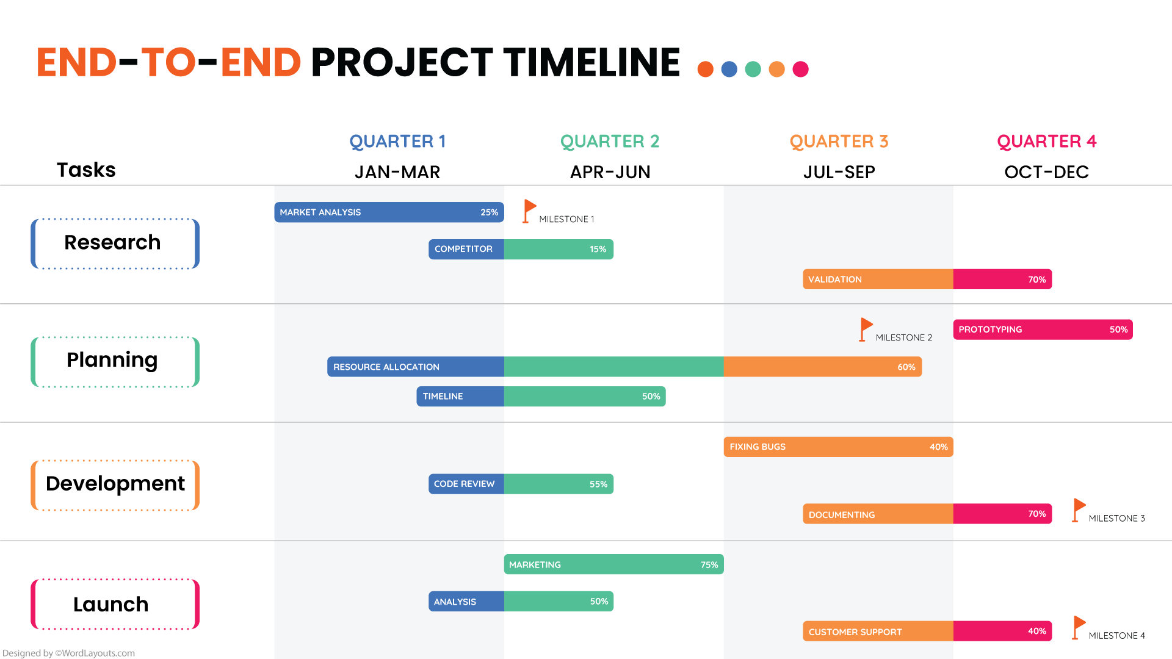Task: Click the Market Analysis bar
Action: [389, 212]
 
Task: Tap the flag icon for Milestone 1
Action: [529, 211]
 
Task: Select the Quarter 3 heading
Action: [839, 142]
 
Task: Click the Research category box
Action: [115, 243]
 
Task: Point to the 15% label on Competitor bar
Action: [598, 250]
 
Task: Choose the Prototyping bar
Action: [1043, 329]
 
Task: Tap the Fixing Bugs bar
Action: [838, 447]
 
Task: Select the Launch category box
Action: [115, 604]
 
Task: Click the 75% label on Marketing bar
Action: [709, 565]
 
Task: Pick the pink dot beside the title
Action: [800, 70]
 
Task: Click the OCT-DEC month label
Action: [1046, 173]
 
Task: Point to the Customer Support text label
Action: [855, 632]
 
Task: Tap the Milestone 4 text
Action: [1116, 636]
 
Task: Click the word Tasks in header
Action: [86, 170]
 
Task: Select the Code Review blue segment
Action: [466, 484]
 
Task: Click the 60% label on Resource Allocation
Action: [906, 367]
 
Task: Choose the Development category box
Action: [115, 484]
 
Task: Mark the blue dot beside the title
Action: [729, 70]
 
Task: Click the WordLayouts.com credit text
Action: [68, 653]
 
